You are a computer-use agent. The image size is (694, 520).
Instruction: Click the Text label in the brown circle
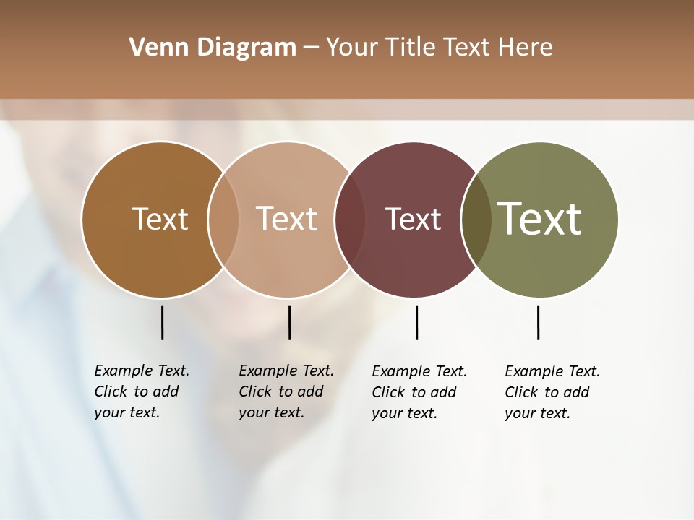pos(160,219)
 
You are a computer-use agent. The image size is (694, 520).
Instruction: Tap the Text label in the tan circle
pos(286,219)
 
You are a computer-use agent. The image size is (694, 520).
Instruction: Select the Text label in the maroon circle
pos(413,220)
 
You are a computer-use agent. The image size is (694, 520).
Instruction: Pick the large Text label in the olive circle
pos(539,218)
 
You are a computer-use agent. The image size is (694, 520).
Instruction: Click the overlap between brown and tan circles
pos(223,220)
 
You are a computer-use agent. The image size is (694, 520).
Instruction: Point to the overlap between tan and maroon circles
pos(350,220)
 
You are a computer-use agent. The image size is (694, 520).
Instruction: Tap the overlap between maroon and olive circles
pos(476,220)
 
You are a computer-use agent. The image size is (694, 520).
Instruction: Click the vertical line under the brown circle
pos(162,322)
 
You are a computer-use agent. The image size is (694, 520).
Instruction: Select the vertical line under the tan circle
pos(289,322)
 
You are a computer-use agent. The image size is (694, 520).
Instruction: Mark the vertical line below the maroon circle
pos(416,322)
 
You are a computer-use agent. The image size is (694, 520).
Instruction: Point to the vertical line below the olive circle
pos(538,322)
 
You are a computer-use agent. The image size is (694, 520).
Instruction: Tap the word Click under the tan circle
pos(254,392)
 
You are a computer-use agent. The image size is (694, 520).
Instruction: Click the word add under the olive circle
pos(577,392)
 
